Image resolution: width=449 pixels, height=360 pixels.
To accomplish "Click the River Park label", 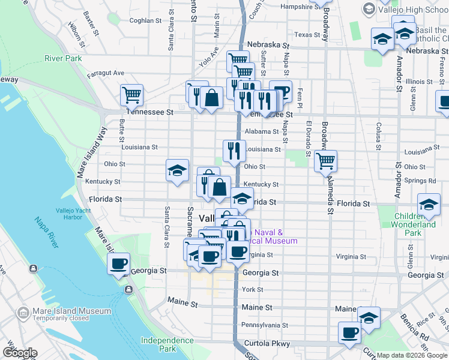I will click(62, 58).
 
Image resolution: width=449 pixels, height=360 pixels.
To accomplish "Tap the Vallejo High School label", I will click(414, 10).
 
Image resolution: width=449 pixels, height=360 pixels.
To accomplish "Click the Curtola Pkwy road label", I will click(267, 344).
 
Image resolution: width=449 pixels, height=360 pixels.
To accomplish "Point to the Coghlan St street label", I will click(146, 20).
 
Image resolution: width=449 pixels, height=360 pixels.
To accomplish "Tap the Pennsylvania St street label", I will click(265, 325).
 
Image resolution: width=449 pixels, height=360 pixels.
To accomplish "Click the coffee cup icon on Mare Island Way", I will click(118, 263).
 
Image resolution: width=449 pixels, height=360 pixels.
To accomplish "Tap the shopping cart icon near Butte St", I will click(131, 95).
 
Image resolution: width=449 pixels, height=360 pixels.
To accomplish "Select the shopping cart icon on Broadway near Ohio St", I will click(325, 161).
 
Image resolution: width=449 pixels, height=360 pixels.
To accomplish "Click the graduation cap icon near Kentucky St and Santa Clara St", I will click(177, 170).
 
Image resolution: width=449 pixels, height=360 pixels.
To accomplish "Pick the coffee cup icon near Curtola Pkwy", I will click(349, 332).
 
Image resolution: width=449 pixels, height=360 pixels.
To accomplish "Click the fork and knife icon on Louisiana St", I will click(234, 150).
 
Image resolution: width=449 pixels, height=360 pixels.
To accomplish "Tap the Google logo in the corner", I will click(20, 353).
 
